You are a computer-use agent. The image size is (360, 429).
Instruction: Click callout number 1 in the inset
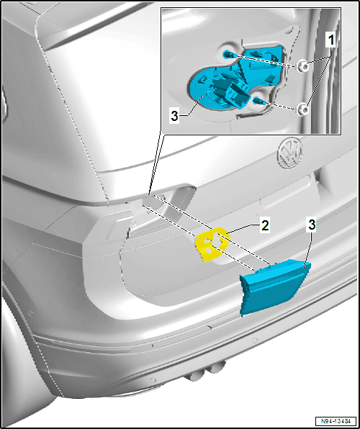click(x=330, y=41)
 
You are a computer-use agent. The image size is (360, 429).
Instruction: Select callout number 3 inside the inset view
click(x=174, y=117)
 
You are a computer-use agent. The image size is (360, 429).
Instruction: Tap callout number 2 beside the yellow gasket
click(x=265, y=227)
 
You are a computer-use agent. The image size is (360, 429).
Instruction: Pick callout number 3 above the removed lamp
click(x=312, y=225)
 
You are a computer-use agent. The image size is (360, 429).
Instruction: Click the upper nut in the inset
click(x=302, y=66)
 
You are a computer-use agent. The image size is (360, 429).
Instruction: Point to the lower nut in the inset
click(x=302, y=109)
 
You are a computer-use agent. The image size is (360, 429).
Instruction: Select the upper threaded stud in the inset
click(x=228, y=55)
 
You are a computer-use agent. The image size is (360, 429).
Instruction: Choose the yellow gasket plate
click(x=211, y=244)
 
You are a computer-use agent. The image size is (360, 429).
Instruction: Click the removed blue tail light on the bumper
click(x=274, y=288)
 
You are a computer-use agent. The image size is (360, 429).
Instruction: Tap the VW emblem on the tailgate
click(x=290, y=153)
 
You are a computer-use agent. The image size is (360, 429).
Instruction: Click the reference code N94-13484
click(x=336, y=421)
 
